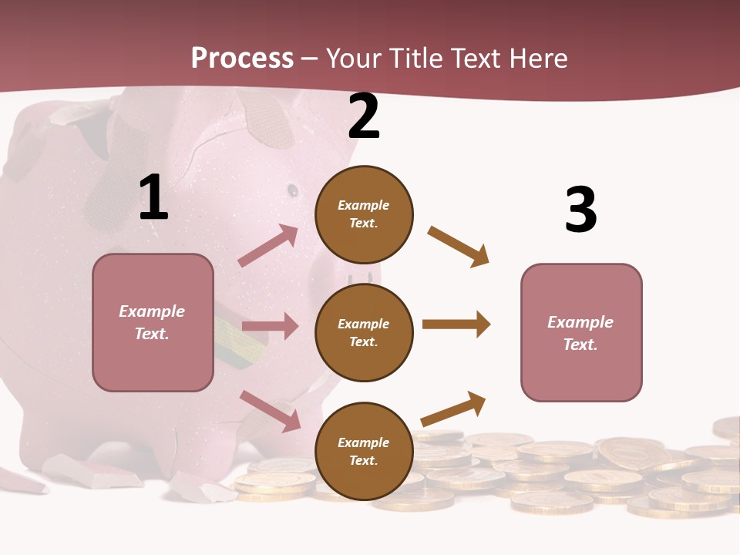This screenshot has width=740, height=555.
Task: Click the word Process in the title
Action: click(242, 58)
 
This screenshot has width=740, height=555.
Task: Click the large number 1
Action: click(153, 198)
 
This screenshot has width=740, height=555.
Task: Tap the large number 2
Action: click(364, 116)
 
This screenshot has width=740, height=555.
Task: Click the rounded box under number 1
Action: click(153, 322)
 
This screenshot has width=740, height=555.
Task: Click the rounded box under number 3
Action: click(581, 332)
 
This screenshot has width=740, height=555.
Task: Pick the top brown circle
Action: click(364, 214)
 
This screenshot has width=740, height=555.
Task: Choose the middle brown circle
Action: click(364, 332)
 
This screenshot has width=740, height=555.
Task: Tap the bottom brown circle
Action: click(364, 451)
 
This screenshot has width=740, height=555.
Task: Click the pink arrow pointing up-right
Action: click(268, 246)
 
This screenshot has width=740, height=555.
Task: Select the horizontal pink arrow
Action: click(270, 326)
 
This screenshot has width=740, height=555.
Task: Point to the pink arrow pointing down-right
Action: click(270, 411)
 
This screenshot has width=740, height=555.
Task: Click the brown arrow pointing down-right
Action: click(459, 247)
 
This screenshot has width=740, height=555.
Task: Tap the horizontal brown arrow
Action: click(456, 324)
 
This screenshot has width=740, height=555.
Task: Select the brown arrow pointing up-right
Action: click(454, 409)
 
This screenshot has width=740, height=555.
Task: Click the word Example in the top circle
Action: click(364, 205)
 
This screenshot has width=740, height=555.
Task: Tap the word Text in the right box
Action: click(580, 344)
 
